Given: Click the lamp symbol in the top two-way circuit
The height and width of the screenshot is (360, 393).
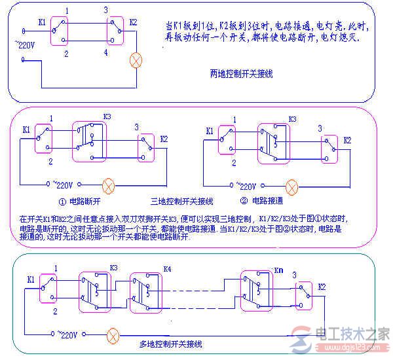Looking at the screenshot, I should [137, 61].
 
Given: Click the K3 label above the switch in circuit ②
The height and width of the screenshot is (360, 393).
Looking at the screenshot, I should [293, 119].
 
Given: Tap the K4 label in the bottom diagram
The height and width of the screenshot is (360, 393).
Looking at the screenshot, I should [166, 269].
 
